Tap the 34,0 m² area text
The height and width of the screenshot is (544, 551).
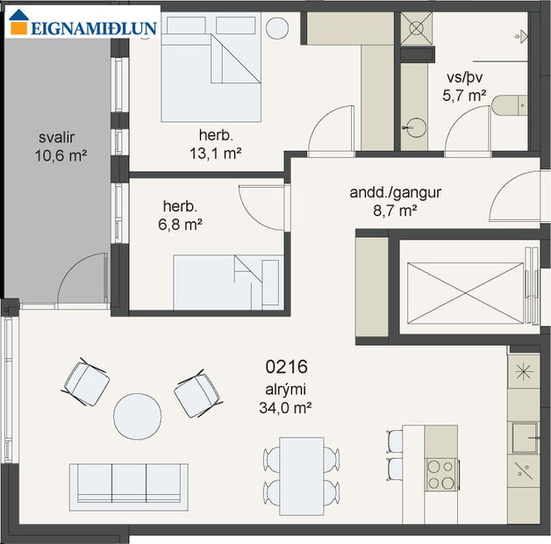point(288,407)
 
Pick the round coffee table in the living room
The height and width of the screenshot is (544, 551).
point(138,416)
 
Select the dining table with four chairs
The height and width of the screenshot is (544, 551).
point(301,475)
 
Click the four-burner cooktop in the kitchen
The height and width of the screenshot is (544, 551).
point(441,475)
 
